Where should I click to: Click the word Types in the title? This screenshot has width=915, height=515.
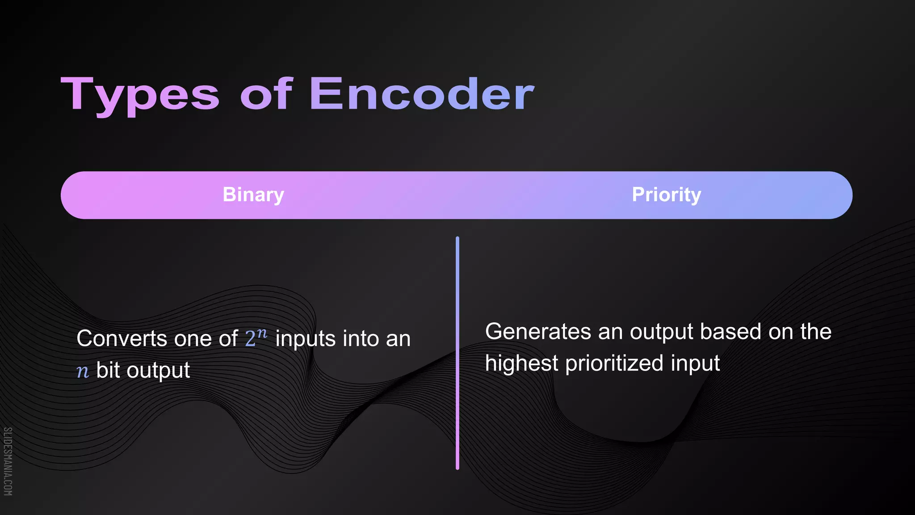pyautogui.click(x=140, y=95)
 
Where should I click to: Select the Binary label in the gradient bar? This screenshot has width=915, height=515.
pyautogui.click(x=253, y=195)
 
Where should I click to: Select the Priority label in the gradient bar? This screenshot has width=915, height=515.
pyautogui.click(x=666, y=195)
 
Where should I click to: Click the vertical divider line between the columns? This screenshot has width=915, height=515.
pyautogui.click(x=457, y=353)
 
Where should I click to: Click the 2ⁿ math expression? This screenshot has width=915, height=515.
pyautogui.click(x=256, y=338)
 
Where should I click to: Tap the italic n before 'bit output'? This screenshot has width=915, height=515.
pyautogui.click(x=83, y=371)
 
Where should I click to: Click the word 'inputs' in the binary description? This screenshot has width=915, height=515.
pyautogui.click(x=305, y=339)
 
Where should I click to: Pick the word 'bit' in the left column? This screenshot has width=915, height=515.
pyautogui.click(x=108, y=370)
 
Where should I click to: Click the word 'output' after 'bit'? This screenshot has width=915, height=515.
pyautogui.click(x=158, y=371)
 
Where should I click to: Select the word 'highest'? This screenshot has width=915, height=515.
pyautogui.click(x=521, y=363)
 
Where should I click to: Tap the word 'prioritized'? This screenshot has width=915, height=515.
pyautogui.click(x=614, y=363)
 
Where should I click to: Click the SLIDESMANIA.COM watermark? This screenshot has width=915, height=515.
pyautogui.click(x=8, y=461)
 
